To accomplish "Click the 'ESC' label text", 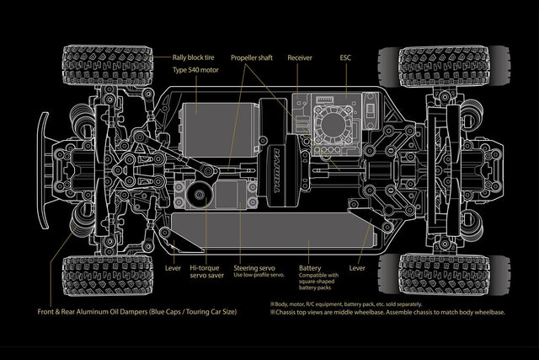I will tap(345, 57).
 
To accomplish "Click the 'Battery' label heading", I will tap(310, 267).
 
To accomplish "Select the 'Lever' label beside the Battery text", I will tap(357, 267).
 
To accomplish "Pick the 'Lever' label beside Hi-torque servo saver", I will tap(173, 267).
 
